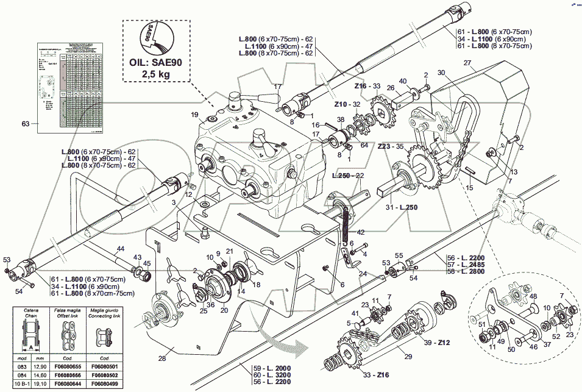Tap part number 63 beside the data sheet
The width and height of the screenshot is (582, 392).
click(x=26, y=124)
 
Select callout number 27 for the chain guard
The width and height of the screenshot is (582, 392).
click(x=467, y=63)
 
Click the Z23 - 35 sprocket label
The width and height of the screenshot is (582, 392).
click(x=391, y=146)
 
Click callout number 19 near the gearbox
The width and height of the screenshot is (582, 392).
click(x=194, y=115)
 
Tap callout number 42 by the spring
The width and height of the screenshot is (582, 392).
click(x=361, y=232)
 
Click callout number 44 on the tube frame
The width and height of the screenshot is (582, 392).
click(x=120, y=249)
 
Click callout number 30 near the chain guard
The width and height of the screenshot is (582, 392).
click(x=441, y=72)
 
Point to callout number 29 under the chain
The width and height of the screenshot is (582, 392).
click(x=408, y=355)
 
